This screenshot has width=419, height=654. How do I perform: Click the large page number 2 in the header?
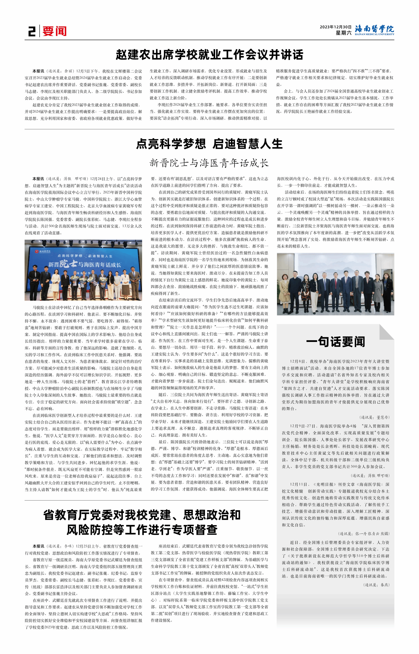pos(32,31)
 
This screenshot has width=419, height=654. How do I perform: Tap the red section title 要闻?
pos(54,31)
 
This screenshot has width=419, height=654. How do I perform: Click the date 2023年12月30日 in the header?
pos(336,27)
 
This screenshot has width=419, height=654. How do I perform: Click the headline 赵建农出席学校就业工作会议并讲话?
pos(209,54)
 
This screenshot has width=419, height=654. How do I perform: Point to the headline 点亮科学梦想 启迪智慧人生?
pos(209,144)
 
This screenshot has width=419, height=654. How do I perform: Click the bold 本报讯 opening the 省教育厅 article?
pos(38,546)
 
